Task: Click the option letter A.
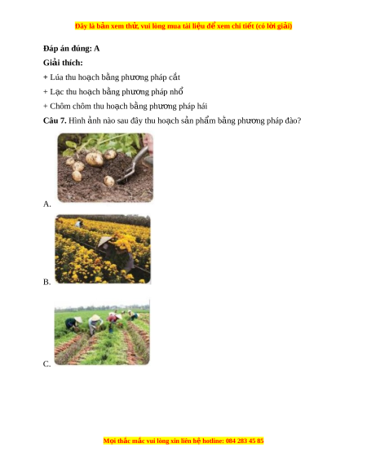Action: pos(47,204)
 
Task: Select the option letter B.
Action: pos(46,282)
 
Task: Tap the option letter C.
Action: pos(46,364)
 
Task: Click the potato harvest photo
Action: pos(105,168)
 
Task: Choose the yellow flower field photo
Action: pos(103,249)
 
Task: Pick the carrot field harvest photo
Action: pos(102,331)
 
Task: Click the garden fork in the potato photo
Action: pos(133,165)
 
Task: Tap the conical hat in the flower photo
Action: pos(104,242)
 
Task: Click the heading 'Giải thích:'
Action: pos(63,63)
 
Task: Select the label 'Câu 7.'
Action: pos(55,121)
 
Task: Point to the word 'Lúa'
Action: pos(56,77)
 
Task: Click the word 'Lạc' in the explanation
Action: pos(57,92)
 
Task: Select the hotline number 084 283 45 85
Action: pos(245,441)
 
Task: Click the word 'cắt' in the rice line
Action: pos(175,77)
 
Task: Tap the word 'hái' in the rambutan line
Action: pos(202,106)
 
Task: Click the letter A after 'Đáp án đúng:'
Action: pos(96,48)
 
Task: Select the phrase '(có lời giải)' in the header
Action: pos(274,26)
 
